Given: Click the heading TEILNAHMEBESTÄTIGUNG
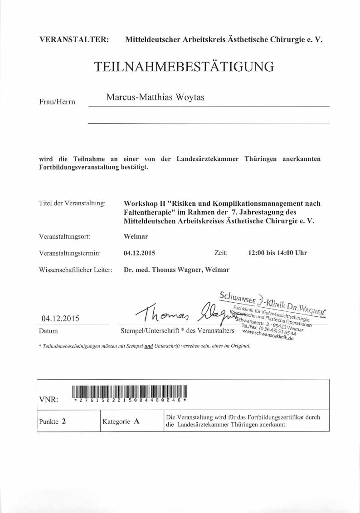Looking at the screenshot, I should pos(184,67).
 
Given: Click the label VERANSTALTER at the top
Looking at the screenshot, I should pos(74,39).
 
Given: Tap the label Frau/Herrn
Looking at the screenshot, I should pos(57,102).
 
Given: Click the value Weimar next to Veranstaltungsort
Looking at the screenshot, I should pos(136,236).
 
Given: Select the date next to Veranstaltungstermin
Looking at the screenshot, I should pos(139,253).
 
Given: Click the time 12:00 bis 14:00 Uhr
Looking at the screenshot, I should pos(277,253).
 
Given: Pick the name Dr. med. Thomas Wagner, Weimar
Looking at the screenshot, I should pos(176,269).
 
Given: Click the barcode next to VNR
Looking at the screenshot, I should pos(129,390).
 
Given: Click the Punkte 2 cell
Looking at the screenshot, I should pos(53,421).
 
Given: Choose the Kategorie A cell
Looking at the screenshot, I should pos(121,421).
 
